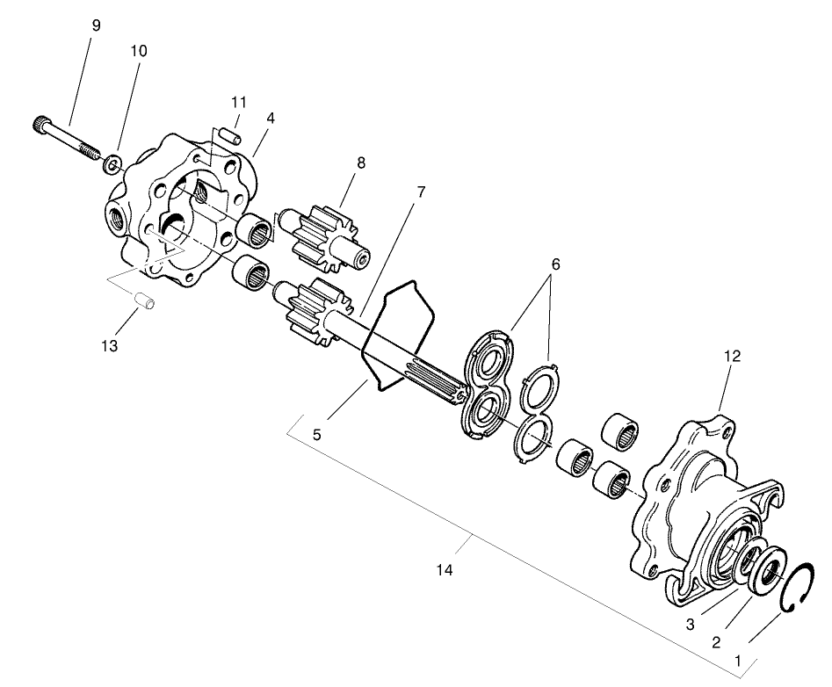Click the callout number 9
pyautogui.click(x=96, y=25)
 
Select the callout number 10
pyautogui.click(x=138, y=51)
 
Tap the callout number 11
pyautogui.click(x=239, y=102)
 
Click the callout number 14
pyautogui.click(x=444, y=571)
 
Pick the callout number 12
pyautogui.click(x=732, y=356)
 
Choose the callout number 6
pyautogui.click(x=554, y=264)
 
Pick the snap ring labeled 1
pyautogui.click(x=799, y=588)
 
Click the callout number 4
pyautogui.click(x=271, y=118)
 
